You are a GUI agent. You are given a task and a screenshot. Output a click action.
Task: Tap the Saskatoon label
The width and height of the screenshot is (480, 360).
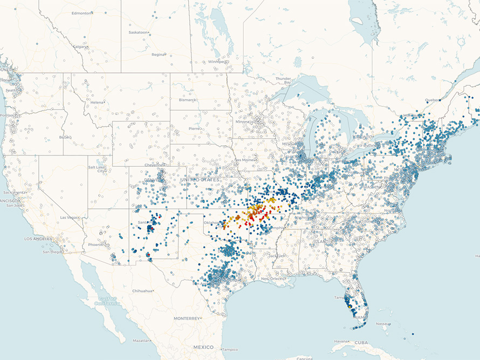pyautogui.click(x=138, y=32)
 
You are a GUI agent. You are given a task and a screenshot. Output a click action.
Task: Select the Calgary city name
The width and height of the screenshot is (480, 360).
pyautogui.click(x=79, y=46)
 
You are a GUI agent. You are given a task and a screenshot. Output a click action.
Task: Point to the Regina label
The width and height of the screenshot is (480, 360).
pyautogui.click(x=158, y=55)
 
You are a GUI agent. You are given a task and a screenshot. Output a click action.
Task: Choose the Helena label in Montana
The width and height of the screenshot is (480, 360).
pyautogui.click(x=97, y=102)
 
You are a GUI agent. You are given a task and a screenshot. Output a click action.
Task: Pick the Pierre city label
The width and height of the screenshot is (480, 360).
pyautogui.click(x=194, y=128)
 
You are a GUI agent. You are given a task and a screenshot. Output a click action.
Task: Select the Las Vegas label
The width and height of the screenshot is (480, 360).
pyautogui.click(x=70, y=217)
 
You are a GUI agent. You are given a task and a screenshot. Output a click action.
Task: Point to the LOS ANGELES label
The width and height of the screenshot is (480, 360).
pyautogui.click(x=37, y=238)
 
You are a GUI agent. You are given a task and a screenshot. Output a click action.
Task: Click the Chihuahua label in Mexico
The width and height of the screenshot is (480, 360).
pyautogui.click(x=142, y=291)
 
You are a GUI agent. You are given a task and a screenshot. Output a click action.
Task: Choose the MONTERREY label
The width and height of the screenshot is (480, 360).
pyautogui.click(x=187, y=318)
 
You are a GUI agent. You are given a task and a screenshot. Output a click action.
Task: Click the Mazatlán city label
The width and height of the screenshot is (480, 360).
pyautogui.click(x=141, y=341)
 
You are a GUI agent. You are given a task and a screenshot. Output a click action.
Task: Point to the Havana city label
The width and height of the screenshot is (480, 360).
pyautogui.click(x=340, y=341)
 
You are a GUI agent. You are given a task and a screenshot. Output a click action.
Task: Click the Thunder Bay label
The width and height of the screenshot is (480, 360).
pyautogui.click(x=283, y=79)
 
